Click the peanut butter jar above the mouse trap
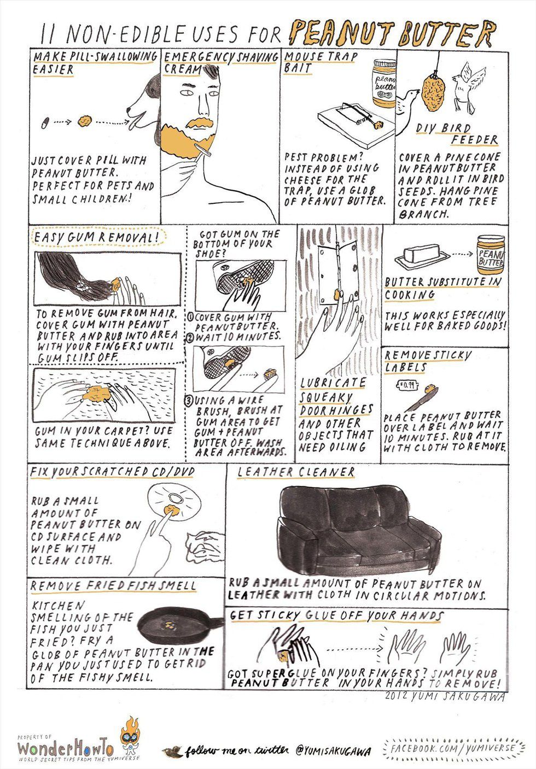[384, 83]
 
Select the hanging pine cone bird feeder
[434, 92]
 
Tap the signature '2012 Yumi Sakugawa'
[445, 696]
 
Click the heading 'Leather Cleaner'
[295, 472]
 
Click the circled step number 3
[189, 401]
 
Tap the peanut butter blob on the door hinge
[337, 294]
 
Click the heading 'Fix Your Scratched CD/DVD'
[113, 472]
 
